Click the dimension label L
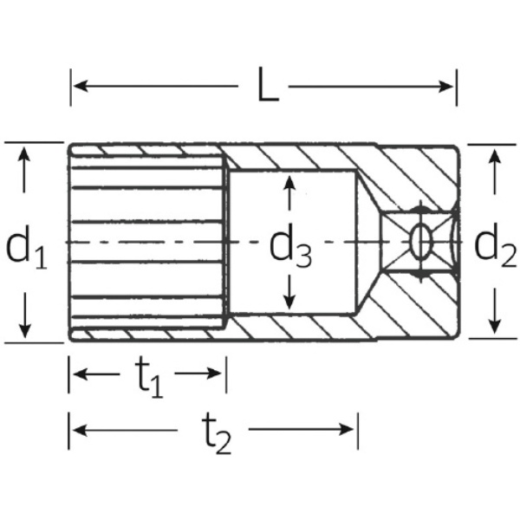pyautogui.click(x=268, y=85)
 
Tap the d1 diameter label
pyautogui.click(x=27, y=247)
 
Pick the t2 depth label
pyautogui.click(x=217, y=434)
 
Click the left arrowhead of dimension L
pyautogui.click(x=81, y=86)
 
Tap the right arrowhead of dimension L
pyautogui.click(x=445, y=87)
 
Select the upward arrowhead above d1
pyautogui.click(x=24, y=154)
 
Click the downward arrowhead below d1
pyautogui.click(x=24, y=331)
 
